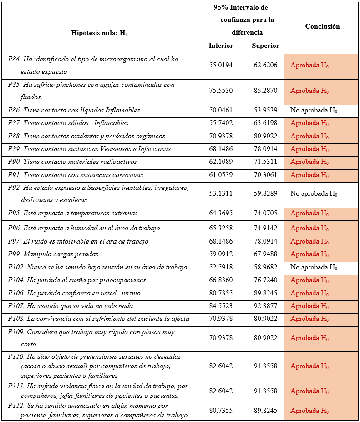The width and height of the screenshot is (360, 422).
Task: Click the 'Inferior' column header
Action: (x=221, y=46)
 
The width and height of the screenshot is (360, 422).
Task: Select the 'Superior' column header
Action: (x=265, y=46)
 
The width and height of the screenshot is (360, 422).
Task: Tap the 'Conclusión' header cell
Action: (x=322, y=26)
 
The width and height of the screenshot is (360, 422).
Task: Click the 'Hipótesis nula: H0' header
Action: (x=99, y=33)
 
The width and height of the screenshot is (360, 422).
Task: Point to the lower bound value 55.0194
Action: (x=221, y=65)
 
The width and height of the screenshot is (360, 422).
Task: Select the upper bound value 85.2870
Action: (x=265, y=91)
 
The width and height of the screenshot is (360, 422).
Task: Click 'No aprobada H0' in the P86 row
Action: (x=314, y=110)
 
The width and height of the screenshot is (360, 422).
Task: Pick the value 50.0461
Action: (x=221, y=110)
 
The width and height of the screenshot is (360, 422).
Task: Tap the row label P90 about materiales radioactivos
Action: (x=72, y=162)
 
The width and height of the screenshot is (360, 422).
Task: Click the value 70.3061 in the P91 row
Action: (x=265, y=175)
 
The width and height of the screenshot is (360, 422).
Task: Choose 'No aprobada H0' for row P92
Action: (x=314, y=193)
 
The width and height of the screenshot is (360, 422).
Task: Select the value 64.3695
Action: (x=221, y=213)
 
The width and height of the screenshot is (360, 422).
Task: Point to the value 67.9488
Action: (x=265, y=254)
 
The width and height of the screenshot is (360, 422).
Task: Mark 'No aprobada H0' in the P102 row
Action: (x=314, y=267)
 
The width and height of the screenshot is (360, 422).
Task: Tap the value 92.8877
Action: (x=265, y=306)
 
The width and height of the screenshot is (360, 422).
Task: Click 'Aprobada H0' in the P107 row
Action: (x=309, y=306)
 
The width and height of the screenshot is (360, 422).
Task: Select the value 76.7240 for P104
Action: (x=265, y=280)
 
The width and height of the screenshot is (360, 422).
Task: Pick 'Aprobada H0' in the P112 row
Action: (x=309, y=411)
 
